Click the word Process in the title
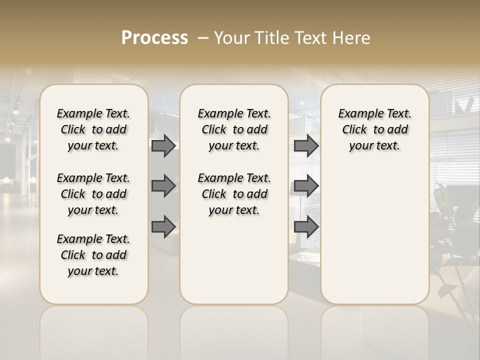pos(154,38)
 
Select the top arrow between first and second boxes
pos(163,146)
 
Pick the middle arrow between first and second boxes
pos(163,186)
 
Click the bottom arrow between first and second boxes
pos(163,226)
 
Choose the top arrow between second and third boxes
pos(306,146)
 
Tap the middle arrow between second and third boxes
pos(306,186)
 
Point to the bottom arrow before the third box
pos(306,226)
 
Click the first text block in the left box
pos(93,129)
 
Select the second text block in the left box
pos(93,194)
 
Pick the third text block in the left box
pos(93,255)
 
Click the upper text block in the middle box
pos(234,129)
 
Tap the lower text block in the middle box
pos(234,194)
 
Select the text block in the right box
pos(374,129)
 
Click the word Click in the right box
pos(354,130)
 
